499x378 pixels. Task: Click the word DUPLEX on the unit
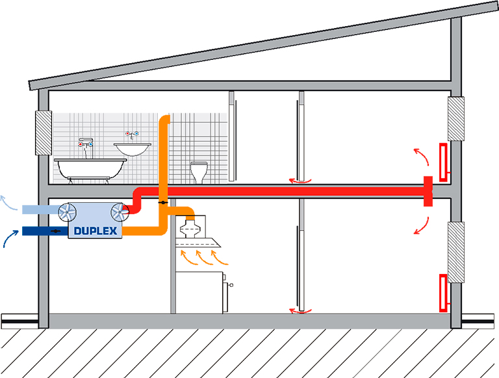point(96,231)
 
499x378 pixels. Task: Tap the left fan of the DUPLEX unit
point(67,211)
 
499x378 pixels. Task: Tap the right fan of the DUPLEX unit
point(120,211)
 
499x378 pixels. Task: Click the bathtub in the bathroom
point(90,170)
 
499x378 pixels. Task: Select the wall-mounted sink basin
point(133,149)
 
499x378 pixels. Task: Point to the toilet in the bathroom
point(199,172)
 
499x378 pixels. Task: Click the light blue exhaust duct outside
point(40,209)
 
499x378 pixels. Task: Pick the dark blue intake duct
point(45,231)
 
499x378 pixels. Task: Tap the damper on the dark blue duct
point(56,231)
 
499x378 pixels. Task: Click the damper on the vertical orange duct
point(163,202)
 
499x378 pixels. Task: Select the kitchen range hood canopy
point(198,243)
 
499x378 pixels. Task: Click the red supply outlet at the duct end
point(428,191)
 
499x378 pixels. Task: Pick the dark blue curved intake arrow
point(10,238)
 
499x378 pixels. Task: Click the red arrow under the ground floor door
point(300,311)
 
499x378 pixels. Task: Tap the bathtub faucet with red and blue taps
point(86,148)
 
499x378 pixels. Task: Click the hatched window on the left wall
point(44,133)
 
